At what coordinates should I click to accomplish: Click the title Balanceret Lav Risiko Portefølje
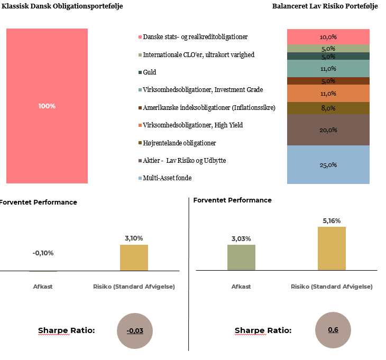point(325,6)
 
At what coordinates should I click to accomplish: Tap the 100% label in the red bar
point(47,106)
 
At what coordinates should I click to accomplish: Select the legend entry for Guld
point(150,72)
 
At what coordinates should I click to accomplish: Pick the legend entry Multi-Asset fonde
point(167,178)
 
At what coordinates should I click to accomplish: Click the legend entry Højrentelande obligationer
point(179,143)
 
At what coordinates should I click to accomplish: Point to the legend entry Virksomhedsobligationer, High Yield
point(193,125)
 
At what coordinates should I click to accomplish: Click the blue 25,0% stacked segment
point(328,164)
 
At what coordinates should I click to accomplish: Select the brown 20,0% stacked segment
point(328,130)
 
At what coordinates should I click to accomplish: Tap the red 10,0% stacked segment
point(328,37)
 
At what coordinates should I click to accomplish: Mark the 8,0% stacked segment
point(328,108)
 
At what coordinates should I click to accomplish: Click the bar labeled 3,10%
point(134,257)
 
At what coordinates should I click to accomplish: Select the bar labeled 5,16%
point(332,248)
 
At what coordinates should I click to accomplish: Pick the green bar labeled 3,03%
point(241,257)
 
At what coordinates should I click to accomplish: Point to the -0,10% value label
point(43,253)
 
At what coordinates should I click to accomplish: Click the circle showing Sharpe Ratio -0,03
point(134,331)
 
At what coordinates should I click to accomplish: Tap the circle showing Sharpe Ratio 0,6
point(333,330)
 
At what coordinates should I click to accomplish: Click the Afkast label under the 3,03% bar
point(241,287)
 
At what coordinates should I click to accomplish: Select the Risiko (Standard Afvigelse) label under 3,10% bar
point(134,287)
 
